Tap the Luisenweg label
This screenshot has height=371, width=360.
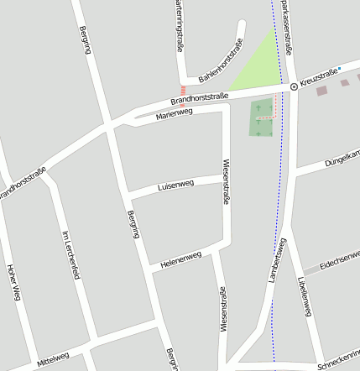tap(175, 185)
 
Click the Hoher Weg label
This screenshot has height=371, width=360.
tap(12, 281)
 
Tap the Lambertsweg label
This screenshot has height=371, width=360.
tap(277, 259)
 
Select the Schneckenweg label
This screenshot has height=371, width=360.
tap(339, 360)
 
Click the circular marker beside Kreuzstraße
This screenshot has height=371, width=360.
tap(293, 86)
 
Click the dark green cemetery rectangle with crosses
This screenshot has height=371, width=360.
tap(263, 118)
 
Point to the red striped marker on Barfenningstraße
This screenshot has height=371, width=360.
tap(183, 90)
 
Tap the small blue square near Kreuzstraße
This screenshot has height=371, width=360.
tap(339, 69)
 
